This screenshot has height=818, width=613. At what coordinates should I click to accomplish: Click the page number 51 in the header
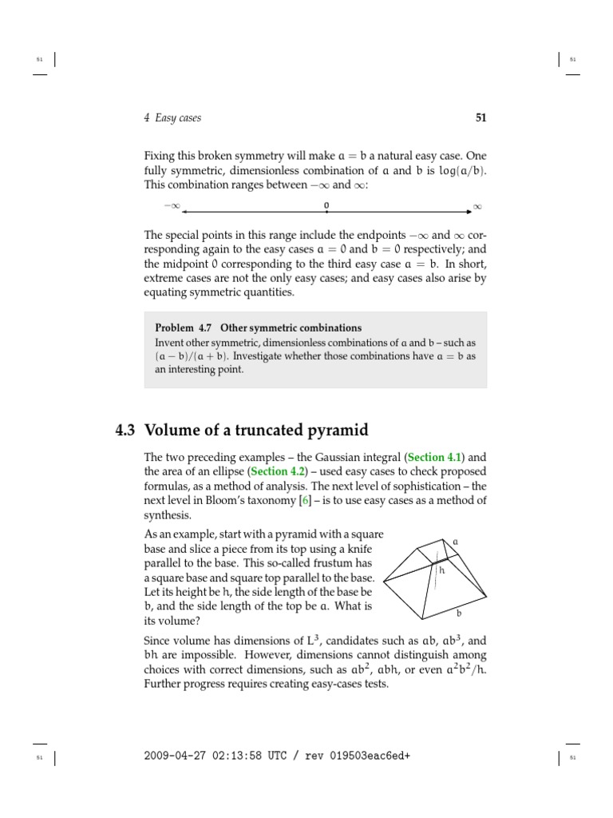click(481, 118)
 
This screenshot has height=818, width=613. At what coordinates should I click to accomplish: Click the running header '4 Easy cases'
click(172, 118)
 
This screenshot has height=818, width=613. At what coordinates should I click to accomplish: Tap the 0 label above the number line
click(326, 205)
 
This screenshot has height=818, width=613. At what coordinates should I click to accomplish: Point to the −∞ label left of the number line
click(172, 207)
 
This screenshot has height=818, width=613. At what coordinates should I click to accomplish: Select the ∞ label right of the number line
click(478, 207)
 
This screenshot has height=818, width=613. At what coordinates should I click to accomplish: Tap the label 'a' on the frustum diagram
click(456, 542)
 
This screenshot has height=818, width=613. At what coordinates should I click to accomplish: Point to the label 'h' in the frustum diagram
click(441, 570)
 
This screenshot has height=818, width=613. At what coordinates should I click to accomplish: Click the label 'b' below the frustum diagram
click(458, 613)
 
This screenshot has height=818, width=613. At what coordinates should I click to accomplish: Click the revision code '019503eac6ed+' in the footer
click(367, 756)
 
